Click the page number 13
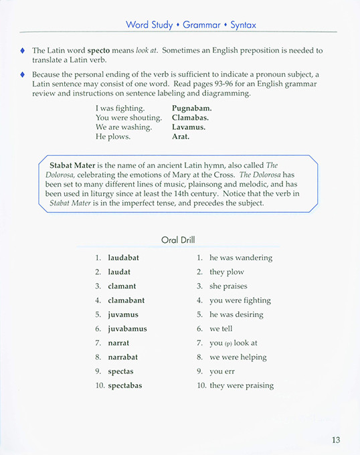click(336, 440)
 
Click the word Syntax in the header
click(243, 25)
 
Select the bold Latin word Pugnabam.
click(191, 107)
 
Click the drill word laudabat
click(124, 258)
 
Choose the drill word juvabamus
click(127, 329)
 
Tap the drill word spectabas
click(124, 385)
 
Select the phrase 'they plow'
click(227, 272)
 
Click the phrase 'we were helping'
click(237, 357)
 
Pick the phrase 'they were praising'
click(242, 385)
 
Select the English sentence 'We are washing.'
click(124, 126)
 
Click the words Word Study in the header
click(149, 25)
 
